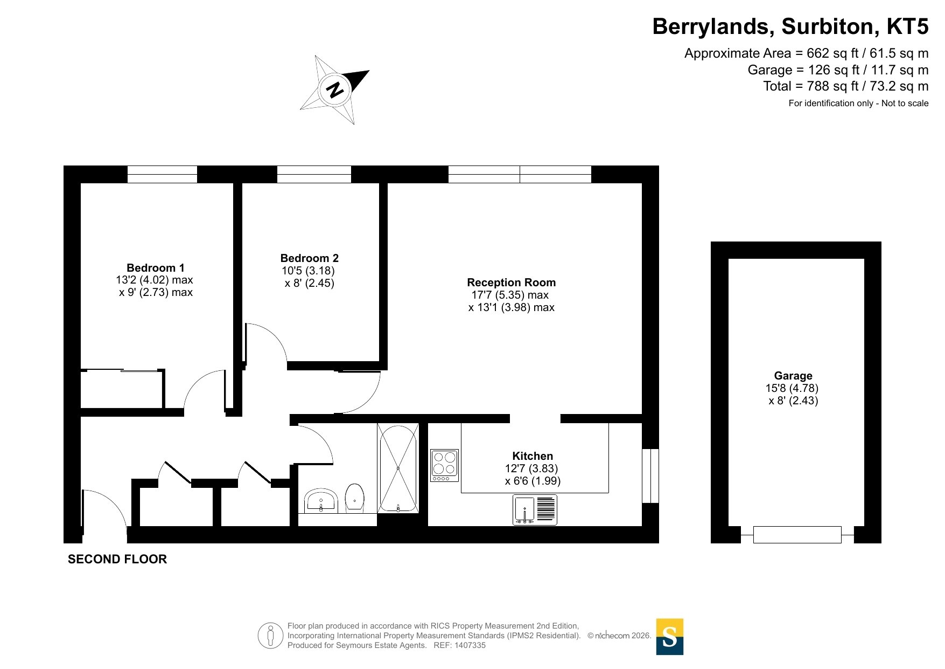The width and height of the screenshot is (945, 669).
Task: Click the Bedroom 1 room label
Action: [156, 268]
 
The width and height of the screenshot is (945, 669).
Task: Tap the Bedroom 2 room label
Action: [310, 258]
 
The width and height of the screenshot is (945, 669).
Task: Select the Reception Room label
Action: [512, 282]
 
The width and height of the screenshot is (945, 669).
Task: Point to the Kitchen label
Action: [533, 456]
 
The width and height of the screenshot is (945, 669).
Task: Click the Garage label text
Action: [793, 376]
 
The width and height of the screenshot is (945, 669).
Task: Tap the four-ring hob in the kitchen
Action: [444, 465]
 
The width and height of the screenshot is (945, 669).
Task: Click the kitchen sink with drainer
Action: [535, 510]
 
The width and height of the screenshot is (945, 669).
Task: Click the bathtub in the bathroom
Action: [398, 468]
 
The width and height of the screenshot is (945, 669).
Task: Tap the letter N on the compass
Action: [335, 89]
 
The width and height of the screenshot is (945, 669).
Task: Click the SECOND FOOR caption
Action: [117, 560]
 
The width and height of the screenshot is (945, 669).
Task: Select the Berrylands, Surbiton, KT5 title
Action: [790, 26]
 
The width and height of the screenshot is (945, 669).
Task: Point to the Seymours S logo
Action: [670, 637]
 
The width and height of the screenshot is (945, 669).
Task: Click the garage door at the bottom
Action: [797, 535]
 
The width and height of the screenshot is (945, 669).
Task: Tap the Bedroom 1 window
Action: [162, 175]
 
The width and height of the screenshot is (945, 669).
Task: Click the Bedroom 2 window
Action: [314, 175]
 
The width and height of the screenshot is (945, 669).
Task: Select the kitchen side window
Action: [650, 476]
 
